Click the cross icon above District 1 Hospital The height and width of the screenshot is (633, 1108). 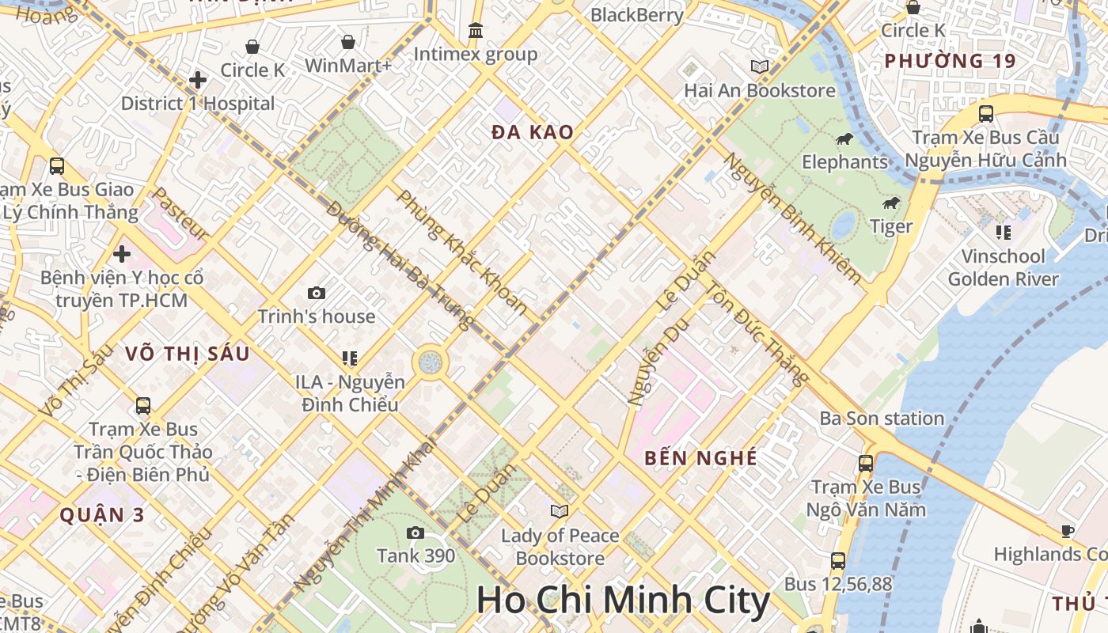click(198, 80)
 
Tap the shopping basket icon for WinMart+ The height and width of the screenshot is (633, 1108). click(347, 42)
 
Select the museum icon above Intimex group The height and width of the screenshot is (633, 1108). click(476, 31)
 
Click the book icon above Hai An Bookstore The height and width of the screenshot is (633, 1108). click(760, 67)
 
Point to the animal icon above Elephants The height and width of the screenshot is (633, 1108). click(844, 139)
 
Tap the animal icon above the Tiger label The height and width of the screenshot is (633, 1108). click(892, 203)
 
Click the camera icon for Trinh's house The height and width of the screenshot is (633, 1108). click(317, 294)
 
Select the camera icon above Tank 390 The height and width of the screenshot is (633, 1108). click(415, 533)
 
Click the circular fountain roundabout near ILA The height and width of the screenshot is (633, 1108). click(431, 363)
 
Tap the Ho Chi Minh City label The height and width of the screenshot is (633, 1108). click(623, 601)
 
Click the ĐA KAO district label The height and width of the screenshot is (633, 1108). click(532, 133)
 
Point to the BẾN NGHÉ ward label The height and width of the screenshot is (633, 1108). click(700, 458)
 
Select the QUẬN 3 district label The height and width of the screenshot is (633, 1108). click(102, 515)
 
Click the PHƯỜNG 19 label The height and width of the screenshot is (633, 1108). click(950, 61)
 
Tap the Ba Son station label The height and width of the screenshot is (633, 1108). click(882, 419)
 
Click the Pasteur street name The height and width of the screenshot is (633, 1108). click(180, 214)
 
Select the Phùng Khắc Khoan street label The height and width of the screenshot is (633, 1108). click(461, 252)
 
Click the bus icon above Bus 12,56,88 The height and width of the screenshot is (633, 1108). click(838, 561)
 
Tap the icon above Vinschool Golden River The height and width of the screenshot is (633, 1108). click(1003, 233)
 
